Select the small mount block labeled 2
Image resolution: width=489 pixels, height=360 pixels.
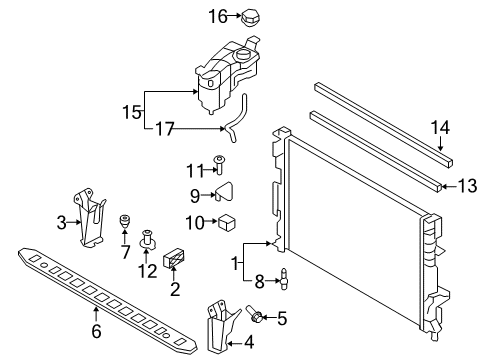pos(177,259)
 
